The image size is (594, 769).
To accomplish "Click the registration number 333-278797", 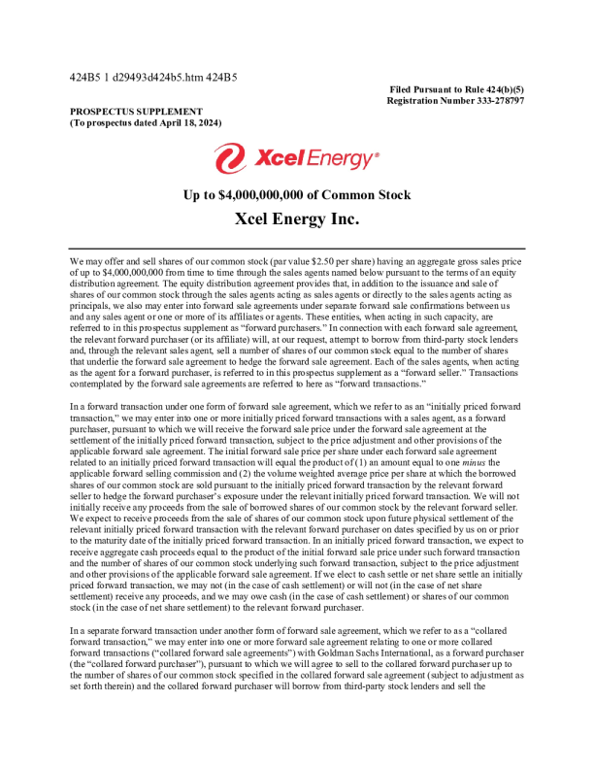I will pyautogui.click(x=490, y=101).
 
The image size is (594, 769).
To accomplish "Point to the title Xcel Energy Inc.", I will pyautogui.click(x=296, y=219).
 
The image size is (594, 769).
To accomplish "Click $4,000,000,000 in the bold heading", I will pyautogui.click(x=265, y=195).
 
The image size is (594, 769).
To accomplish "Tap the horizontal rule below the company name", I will pyautogui.click(x=296, y=249).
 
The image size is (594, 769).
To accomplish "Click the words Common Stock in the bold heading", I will pyautogui.click(x=372, y=195).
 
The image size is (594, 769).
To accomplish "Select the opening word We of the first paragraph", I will pyautogui.click(x=77, y=262).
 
